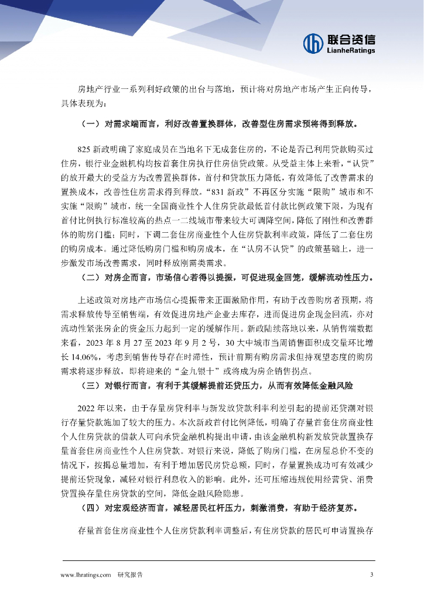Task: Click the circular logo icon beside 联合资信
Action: click(x=313, y=42)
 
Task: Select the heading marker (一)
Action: click(x=90, y=124)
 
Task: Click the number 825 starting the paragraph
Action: click(x=85, y=150)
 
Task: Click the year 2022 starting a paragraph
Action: click(x=87, y=408)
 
